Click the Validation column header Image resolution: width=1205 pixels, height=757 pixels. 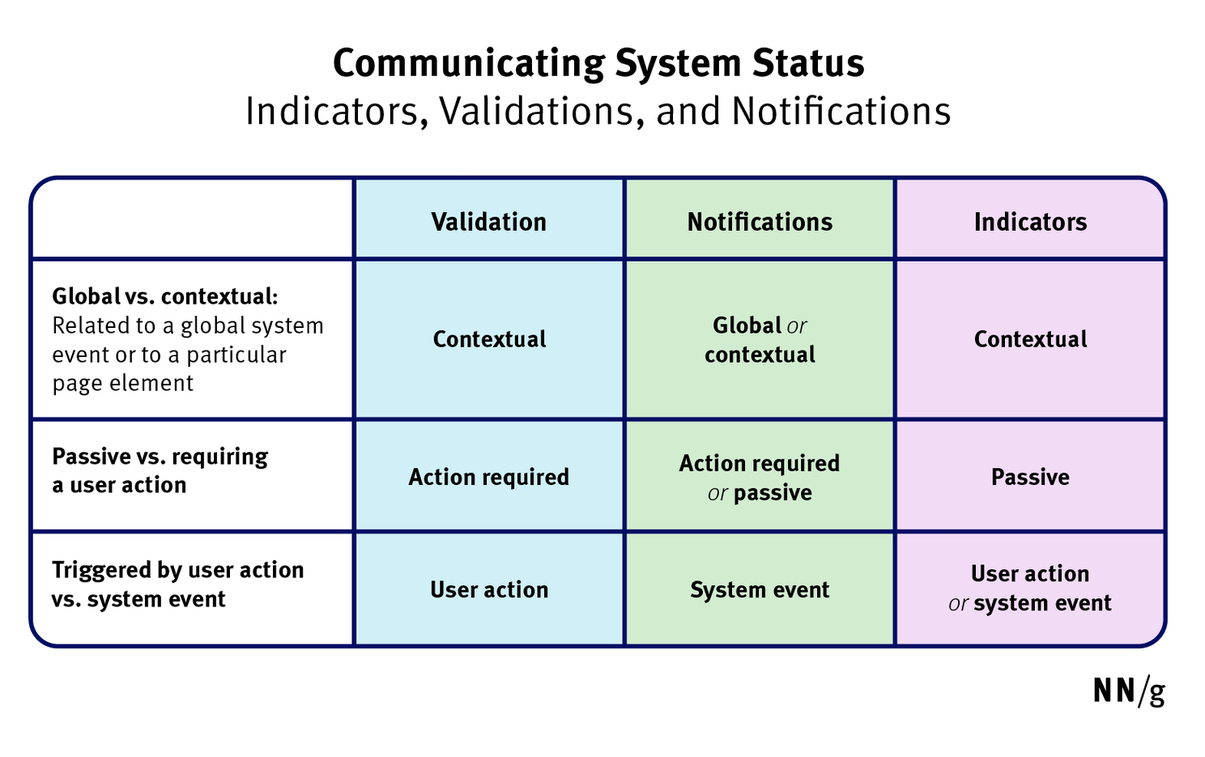coord(488,222)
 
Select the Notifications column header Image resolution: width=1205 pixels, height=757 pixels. coord(760,222)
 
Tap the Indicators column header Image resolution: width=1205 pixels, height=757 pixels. coord(1030,222)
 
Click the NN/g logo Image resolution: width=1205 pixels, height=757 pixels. coord(1129,691)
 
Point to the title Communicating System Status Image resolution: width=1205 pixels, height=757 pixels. coord(598,63)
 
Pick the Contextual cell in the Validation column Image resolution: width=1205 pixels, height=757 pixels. coord(489,339)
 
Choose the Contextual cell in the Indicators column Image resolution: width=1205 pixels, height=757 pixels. coord(1030,339)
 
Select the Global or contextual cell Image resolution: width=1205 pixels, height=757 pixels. coord(760,340)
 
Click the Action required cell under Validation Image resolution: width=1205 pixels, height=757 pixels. coord(488,477)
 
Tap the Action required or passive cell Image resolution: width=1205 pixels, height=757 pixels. coord(760,478)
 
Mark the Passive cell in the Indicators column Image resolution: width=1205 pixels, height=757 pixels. coord(1030,477)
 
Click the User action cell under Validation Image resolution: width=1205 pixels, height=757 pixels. coord(488,589)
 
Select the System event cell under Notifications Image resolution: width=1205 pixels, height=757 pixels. coord(760,589)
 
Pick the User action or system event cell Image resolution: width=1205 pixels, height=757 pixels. coord(1030,589)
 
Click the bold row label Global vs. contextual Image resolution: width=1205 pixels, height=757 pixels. coord(164,296)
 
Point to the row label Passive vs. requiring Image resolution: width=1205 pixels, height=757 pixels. coord(160,457)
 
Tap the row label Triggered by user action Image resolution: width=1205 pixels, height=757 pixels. coord(177,570)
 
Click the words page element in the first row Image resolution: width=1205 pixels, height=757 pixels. coord(123,383)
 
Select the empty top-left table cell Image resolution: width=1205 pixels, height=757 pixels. coord(193,219)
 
